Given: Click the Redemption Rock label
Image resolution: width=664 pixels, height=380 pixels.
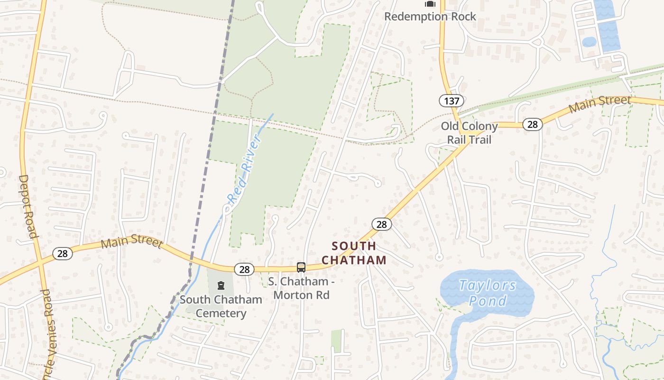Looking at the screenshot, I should (430, 17).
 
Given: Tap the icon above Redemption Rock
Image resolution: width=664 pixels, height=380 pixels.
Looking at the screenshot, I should (430, 4).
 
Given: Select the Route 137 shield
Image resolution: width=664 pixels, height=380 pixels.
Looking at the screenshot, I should (451, 101).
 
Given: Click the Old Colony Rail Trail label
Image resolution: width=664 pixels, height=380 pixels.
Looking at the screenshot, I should (470, 133).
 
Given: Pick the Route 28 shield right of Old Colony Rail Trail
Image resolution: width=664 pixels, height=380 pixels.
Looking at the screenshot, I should (533, 124).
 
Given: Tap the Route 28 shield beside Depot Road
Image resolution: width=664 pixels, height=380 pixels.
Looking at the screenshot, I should (63, 254).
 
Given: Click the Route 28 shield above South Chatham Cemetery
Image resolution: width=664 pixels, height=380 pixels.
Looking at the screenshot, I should (244, 270).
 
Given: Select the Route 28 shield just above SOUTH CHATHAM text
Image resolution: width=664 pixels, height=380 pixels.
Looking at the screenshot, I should (381, 224).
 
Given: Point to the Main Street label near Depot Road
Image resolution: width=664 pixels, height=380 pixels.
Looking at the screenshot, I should (132, 242).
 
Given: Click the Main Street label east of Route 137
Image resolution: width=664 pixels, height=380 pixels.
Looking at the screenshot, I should (599, 103).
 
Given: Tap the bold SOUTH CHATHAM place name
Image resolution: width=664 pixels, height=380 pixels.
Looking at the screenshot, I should (354, 253).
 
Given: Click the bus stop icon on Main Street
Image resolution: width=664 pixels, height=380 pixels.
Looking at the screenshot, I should (301, 267).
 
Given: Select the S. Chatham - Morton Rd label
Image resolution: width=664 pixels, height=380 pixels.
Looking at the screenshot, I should (301, 288).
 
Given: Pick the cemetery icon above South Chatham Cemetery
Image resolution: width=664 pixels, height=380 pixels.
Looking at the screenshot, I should (221, 285).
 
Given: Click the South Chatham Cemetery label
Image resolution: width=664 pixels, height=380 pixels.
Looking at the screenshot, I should (221, 306).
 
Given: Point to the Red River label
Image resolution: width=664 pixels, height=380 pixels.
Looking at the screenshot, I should (244, 170).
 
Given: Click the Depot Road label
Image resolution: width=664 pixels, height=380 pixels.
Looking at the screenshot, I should (28, 206).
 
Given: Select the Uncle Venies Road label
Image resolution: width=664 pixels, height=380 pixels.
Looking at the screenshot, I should (48, 332).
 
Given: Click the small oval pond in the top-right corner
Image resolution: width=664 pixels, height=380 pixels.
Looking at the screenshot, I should (589, 42).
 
